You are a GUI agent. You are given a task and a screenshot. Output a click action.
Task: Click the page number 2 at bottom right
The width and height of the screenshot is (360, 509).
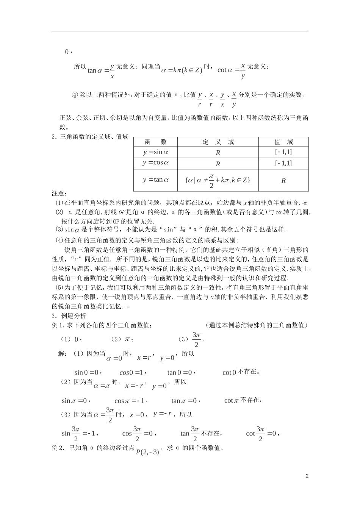[307, 476]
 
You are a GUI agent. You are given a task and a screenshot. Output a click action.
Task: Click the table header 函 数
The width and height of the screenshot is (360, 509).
[155, 142]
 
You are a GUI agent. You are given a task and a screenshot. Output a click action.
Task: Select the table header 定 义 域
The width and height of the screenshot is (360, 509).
[218, 142]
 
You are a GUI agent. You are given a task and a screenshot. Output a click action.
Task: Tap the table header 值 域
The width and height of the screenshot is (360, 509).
[283, 142]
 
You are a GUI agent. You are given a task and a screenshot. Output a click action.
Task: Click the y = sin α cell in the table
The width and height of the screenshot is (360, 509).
[155, 152]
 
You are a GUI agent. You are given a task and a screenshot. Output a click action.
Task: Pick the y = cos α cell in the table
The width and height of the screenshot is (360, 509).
[155, 163]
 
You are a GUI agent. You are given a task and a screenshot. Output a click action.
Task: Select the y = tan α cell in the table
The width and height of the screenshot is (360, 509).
[155, 180]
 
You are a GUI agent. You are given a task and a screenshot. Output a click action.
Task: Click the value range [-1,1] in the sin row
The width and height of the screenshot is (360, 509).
[283, 152]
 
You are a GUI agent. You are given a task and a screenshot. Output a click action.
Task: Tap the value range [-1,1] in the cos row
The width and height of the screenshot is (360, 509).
[283, 163]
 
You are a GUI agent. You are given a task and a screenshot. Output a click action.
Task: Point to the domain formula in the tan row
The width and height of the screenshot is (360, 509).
[218, 180]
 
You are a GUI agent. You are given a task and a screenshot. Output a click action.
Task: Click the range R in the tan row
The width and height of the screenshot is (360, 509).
[283, 181]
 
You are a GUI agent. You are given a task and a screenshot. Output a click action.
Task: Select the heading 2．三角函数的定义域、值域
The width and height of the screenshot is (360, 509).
[90, 137]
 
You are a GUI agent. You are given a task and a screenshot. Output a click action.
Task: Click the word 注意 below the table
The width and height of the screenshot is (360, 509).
[59, 194]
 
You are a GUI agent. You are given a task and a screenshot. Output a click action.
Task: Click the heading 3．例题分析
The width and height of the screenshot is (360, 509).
[69, 316]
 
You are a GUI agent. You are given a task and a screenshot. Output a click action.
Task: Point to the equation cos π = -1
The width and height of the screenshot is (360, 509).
[130, 401]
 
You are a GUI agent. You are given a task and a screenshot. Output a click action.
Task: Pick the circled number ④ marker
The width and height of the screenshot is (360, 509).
[74, 95]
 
